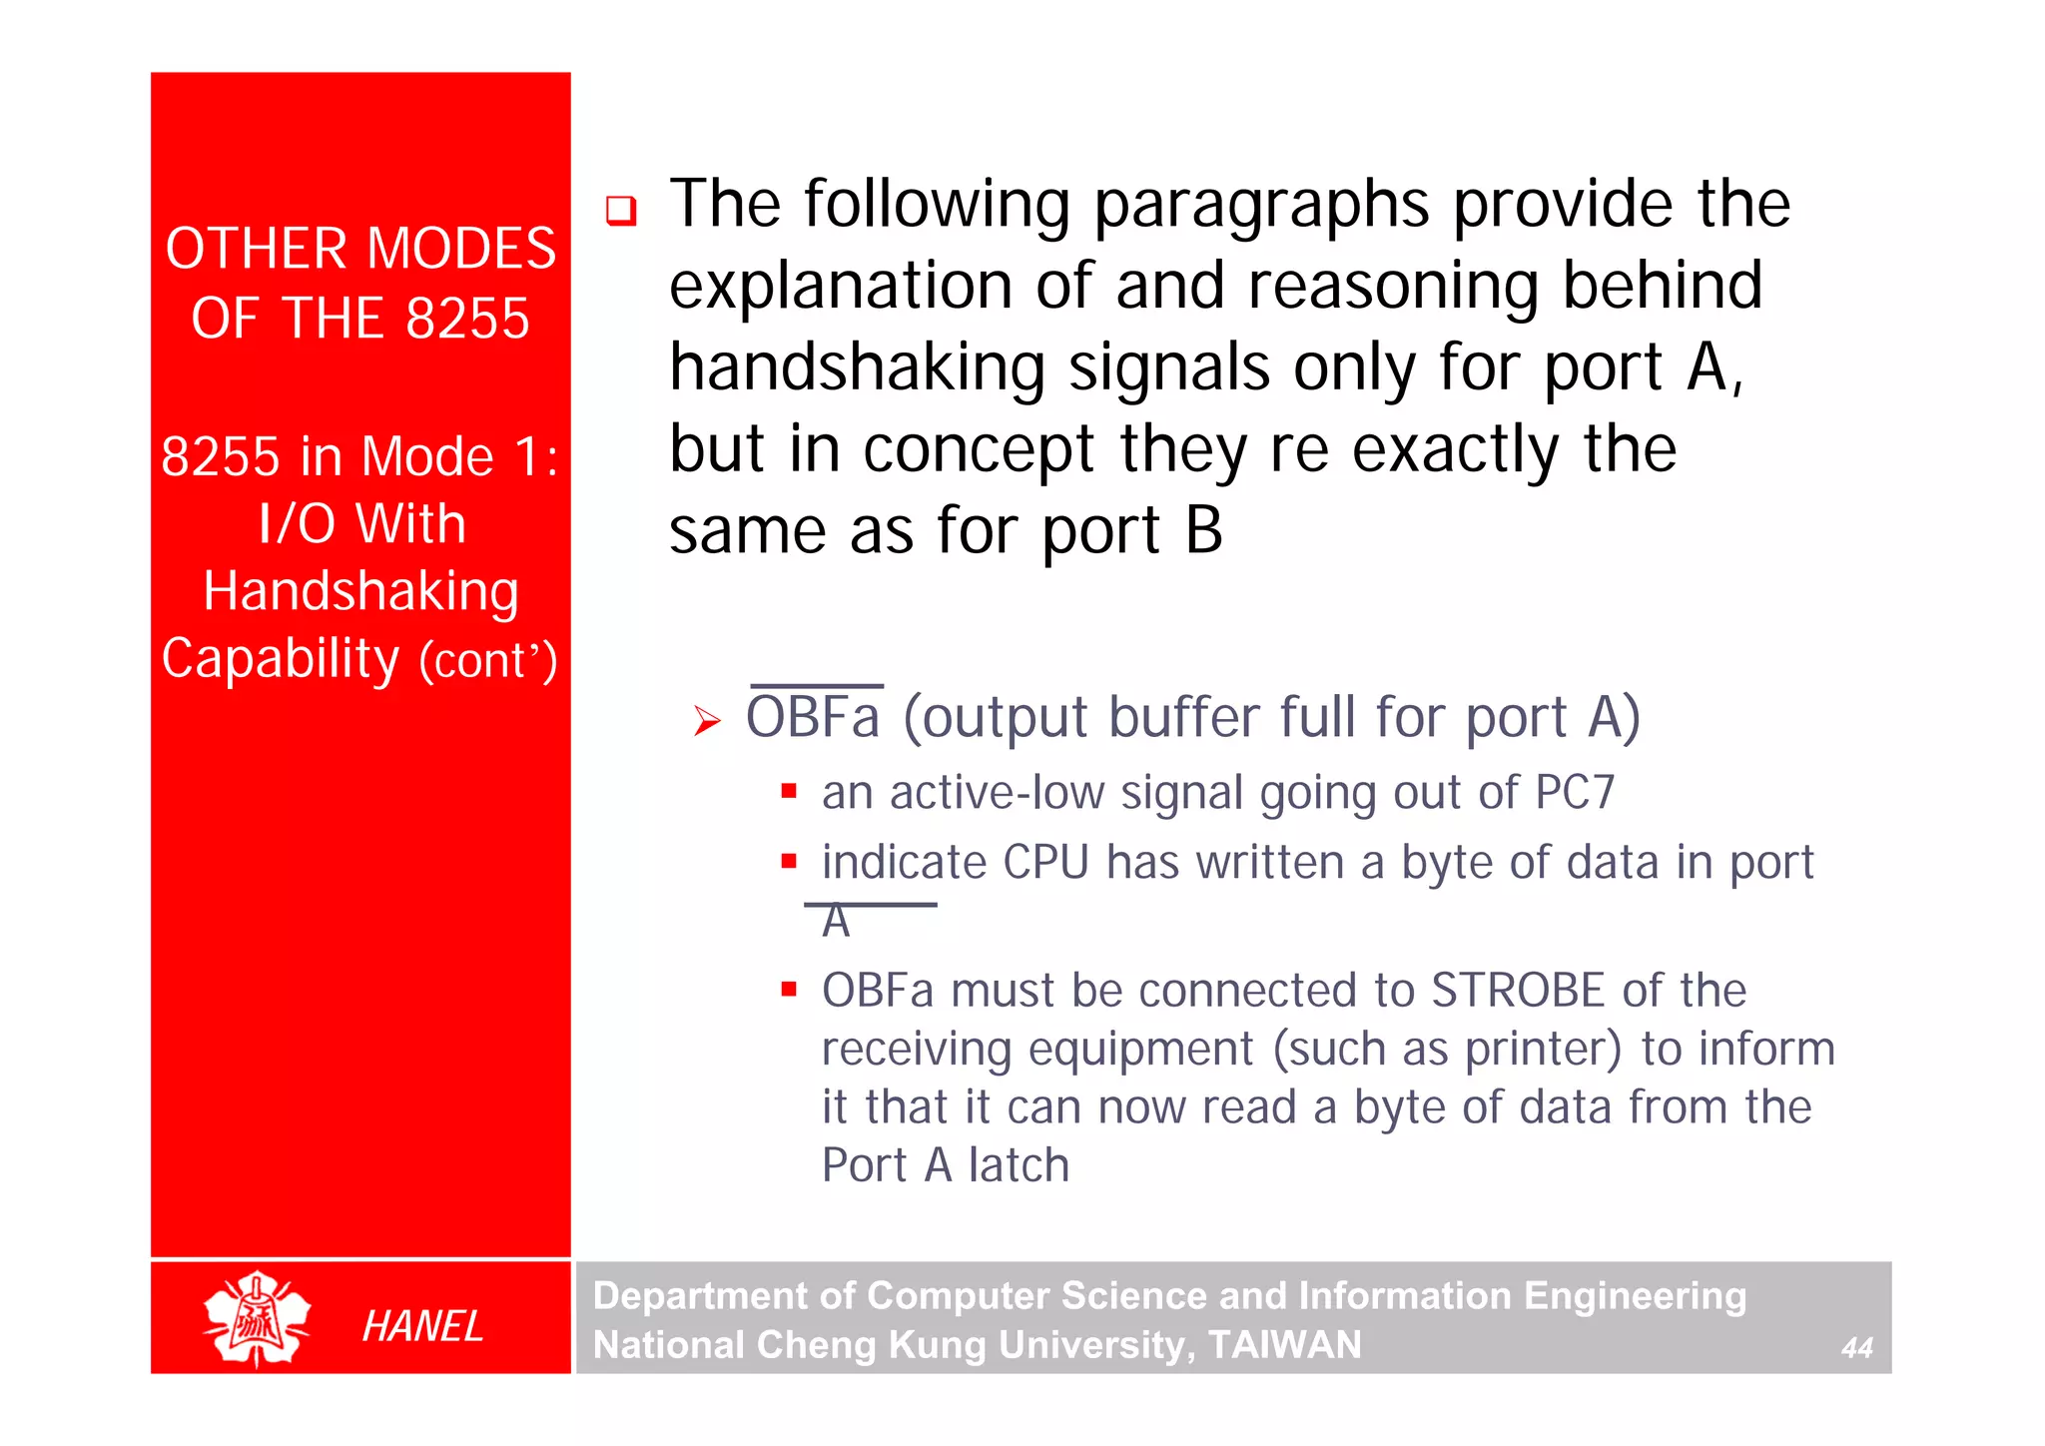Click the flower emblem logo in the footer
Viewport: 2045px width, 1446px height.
(257, 1318)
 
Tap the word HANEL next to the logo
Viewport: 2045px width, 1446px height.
(421, 1326)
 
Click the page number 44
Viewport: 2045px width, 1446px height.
(1856, 1347)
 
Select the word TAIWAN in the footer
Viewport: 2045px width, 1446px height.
(1284, 1344)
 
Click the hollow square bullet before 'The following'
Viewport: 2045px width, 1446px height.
(621, 211)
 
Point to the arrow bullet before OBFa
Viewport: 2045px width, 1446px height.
(707, 720)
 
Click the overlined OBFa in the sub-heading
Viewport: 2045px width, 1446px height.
(814, 717)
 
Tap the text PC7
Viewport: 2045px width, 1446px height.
(1575, 793)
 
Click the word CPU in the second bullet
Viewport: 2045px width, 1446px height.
(1045, 862)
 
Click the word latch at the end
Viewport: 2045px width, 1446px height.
(1019, 1165)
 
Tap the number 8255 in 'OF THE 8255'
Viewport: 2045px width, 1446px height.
(467, 319)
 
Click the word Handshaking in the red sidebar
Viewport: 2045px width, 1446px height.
(360, 591)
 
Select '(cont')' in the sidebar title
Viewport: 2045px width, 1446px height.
(487, 661)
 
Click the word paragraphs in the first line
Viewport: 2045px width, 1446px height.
(1261, 205)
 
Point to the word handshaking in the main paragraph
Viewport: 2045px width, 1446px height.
(857, 367)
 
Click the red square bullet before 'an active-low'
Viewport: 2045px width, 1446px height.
(789, 792)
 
